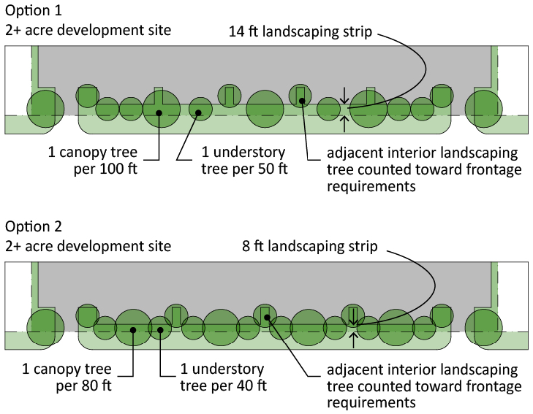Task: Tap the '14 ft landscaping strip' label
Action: click(300, 32)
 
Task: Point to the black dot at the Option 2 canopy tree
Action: click(133, 330)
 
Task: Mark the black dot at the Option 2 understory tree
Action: click(159, 329)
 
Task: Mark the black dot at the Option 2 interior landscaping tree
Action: click(268, 317)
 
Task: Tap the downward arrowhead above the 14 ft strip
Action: click(345, 100)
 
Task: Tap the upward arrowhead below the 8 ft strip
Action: click(354, 336)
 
